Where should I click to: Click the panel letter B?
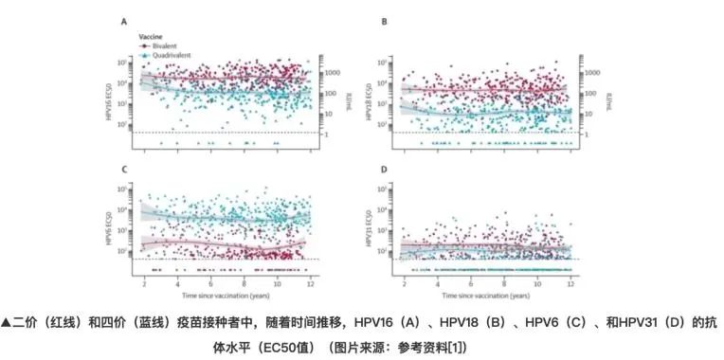383,21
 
